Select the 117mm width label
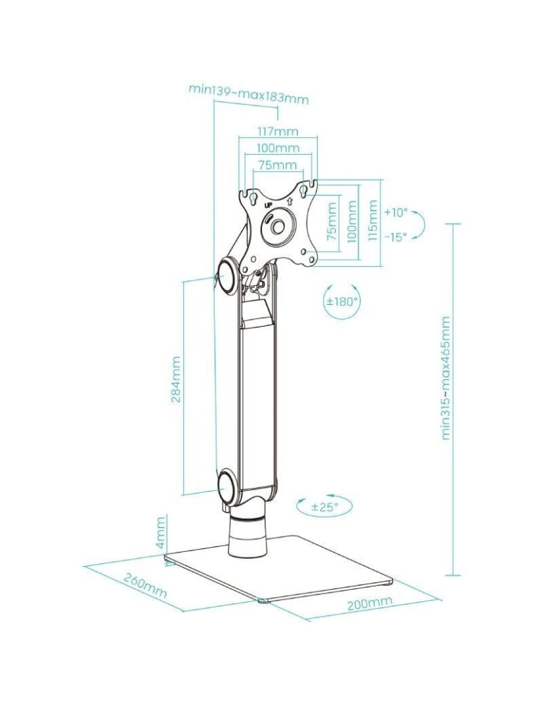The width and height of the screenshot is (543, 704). coord(277,132)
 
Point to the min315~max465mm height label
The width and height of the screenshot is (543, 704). coord(445,377)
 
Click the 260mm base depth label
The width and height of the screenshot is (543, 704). coord(145,586)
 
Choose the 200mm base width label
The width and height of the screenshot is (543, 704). coord(369,603)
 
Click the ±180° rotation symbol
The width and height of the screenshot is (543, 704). coord(342,301)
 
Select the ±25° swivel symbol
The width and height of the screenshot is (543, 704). coord(324,507)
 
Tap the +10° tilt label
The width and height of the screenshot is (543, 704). coord(396,213)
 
